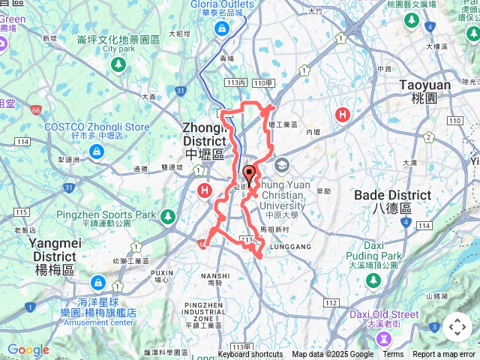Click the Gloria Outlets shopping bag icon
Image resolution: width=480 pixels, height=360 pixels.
(222, 29)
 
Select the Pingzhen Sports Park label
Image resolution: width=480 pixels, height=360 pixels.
(106, 214)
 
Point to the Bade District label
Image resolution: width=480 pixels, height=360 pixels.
(392, 201)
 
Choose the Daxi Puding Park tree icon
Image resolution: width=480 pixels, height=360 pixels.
(373, 280)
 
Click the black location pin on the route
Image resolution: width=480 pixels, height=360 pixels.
(249, 172)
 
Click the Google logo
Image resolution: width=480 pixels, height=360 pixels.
(28, 350)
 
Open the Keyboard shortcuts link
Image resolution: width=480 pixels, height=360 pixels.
(250, 355)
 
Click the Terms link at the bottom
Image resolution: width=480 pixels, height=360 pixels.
(393, 355)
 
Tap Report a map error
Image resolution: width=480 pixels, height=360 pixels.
(444, 355)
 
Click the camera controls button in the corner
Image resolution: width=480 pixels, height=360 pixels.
(457, 327)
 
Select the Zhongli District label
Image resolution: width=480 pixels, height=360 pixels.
(205, 140)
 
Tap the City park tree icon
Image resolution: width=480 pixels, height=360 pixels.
(118, 64)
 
